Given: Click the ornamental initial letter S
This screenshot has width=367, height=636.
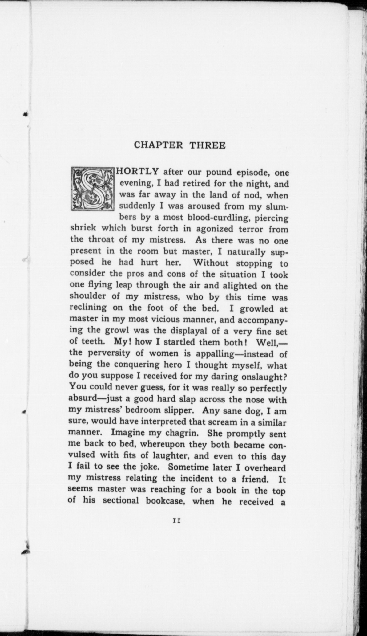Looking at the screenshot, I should click(x=93, y=189).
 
